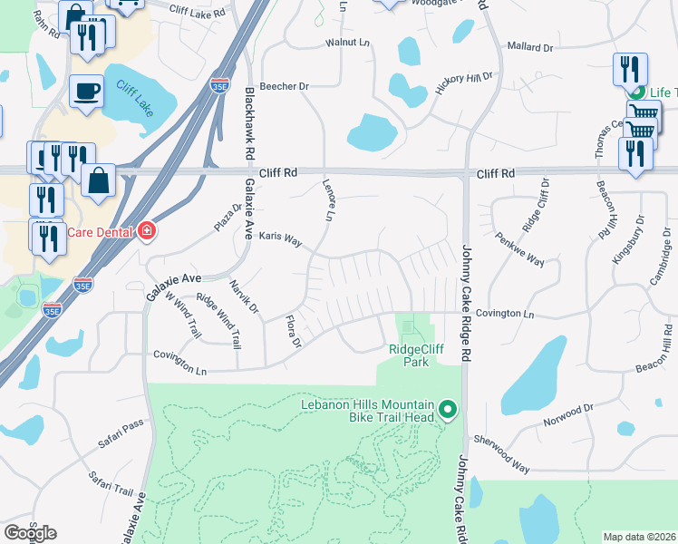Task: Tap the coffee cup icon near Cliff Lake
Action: point(86,92)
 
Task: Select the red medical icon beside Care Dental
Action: point(146,232)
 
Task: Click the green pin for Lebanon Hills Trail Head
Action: point(447,410)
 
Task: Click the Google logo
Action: point(30,533)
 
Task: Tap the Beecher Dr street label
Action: point(284,86)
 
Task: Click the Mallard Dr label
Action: point(530,46)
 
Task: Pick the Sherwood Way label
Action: point(508,457)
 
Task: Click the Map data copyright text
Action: point(639,536)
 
